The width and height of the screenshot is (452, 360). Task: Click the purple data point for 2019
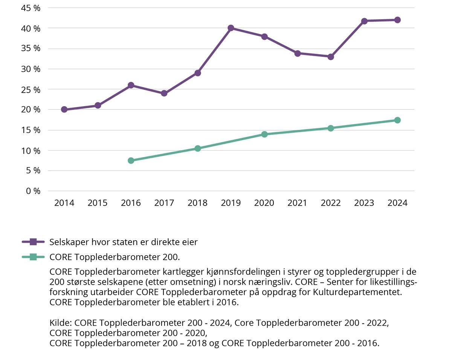pos(231,28)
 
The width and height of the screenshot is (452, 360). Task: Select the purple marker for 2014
pos(64,110)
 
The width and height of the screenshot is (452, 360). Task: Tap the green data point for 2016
pos(131,160)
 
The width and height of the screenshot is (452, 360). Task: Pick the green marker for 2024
pos(397,120)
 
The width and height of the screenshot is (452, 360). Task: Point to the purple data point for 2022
pos(331,57)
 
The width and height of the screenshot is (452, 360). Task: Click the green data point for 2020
pos(264,134)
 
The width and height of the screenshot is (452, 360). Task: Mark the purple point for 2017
pos(164,93)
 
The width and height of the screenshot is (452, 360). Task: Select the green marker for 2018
pos(197,148)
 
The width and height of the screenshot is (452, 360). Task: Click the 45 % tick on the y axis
pos(31,8)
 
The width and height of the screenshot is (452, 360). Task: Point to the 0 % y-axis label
pos(33,191)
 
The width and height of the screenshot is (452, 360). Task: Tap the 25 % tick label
pos(31,90)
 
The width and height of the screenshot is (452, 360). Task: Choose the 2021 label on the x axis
pos(298,203)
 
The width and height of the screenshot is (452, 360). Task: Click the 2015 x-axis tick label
pos(98,203)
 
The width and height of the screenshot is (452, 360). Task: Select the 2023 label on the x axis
pos(364,203)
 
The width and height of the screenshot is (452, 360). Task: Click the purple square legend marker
pos(33,242)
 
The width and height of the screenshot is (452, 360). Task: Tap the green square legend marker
pos(33,257)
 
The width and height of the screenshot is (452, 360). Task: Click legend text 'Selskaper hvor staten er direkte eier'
pos(124,242)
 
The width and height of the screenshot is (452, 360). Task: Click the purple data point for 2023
pos(364,21)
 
